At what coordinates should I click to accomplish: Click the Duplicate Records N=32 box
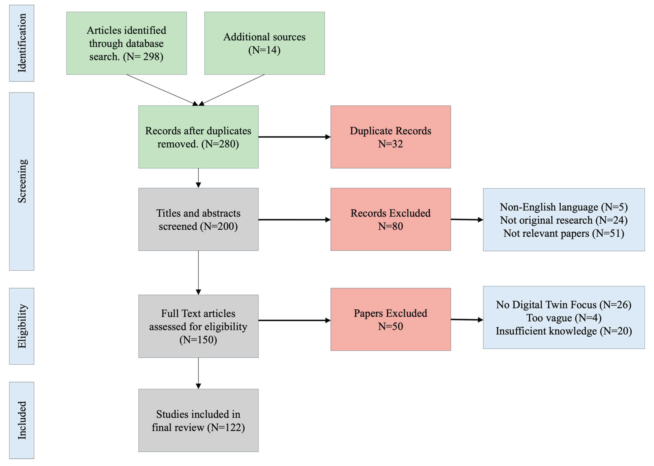point(390,137)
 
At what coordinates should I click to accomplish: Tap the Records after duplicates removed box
point(198,137)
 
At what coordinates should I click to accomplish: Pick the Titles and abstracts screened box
point(198,219)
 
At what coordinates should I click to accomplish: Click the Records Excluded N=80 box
point(390,219)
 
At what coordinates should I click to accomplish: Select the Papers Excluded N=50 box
point(390,319)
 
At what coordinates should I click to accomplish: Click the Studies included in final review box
point(198,420)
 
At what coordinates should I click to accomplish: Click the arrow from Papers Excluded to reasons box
point(467,319)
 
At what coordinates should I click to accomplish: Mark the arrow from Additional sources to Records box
point(233,89)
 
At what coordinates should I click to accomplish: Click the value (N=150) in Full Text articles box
point(198,340)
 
